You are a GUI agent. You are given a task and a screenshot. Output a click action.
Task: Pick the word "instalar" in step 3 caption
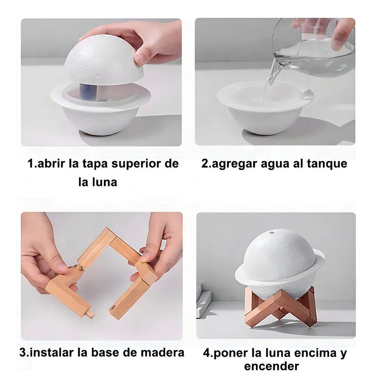click(51, 353)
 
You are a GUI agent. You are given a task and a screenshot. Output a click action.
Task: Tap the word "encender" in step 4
click(271, 366)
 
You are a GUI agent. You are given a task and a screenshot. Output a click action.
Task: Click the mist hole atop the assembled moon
click(272, 232)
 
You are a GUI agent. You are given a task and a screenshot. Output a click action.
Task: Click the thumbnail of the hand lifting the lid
click(101, 82)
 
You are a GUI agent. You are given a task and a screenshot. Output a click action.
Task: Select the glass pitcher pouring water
click(314, 47)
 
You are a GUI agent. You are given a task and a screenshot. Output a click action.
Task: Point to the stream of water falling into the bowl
click(272, 74)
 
